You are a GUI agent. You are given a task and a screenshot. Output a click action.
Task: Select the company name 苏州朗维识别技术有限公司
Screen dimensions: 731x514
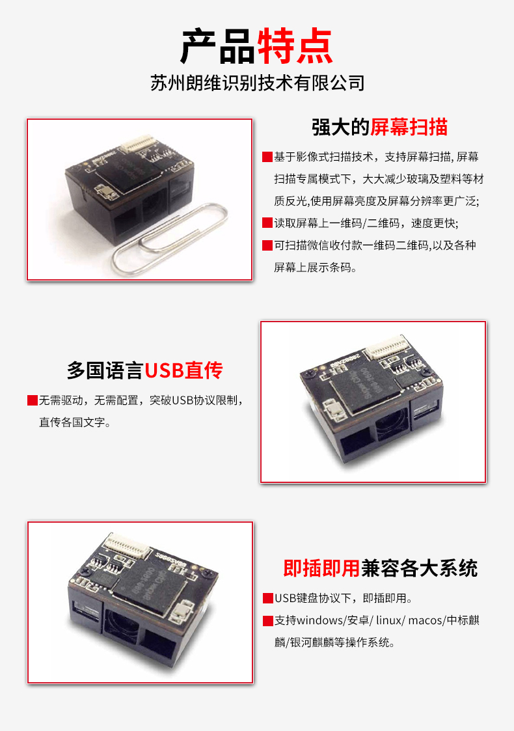[x=257, y=84]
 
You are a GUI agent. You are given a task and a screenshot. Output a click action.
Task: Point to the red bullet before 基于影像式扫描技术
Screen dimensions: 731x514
[x=267, y=157]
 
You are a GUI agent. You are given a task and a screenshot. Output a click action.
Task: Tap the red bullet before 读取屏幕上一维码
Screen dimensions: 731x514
[x=267, y=223]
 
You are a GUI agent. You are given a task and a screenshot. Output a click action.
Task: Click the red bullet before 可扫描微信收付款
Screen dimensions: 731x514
[x=267, y=245]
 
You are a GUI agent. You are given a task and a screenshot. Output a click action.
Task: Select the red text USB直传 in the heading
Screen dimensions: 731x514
[x=183, y=370]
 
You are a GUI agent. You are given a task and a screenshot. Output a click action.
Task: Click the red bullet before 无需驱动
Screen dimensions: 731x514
[x=32, y=400]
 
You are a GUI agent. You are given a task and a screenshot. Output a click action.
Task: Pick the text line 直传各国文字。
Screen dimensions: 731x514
[x=75, y=422]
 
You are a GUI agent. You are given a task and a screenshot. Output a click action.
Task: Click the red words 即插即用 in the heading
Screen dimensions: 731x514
[x=321, y=568]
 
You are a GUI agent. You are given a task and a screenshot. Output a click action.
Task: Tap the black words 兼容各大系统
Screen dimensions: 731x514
[x=419, y=568]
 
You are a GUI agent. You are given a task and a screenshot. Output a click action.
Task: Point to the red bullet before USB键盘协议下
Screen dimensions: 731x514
[x=267, y=598]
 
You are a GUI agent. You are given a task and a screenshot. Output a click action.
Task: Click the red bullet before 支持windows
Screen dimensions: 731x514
[x=267, y=620]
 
